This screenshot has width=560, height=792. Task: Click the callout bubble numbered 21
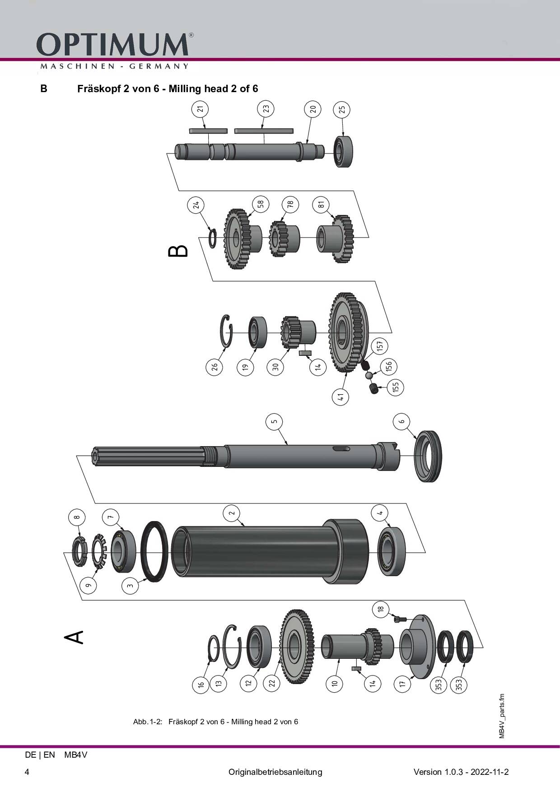tap(200, 109)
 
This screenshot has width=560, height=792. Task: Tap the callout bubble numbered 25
tap(342, 110)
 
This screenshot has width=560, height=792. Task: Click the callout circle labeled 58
tap(261, 204)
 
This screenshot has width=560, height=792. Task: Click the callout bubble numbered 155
tap(396, 387)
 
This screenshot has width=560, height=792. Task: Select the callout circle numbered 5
tap(274, 422)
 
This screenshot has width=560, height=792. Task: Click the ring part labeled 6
tap(428, 457)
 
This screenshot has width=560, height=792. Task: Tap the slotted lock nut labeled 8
tap(79, 552)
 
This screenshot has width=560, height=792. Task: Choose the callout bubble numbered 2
tap(232, 513)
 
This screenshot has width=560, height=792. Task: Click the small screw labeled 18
tap(401, 619)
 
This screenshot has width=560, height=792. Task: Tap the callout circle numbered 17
tap(402, 684)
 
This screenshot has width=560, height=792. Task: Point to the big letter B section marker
tap(178, 251)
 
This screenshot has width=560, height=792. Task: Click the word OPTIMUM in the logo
tap(112, 45)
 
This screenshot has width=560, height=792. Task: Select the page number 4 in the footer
tap(27, 772)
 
